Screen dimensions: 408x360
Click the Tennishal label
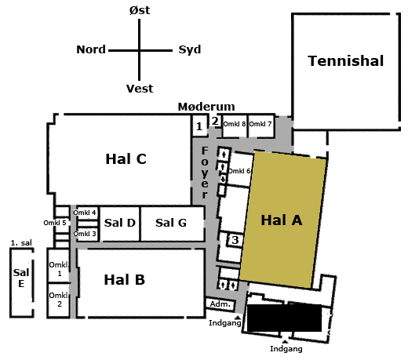[346, 60]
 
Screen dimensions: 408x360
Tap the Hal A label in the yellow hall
[282, 220]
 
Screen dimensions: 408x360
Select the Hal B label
[125, 279]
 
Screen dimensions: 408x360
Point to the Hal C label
[126, 158]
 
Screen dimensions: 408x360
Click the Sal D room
[120, 224]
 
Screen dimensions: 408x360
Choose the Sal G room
[172, 224]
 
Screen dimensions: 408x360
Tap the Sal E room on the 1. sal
[21, 282]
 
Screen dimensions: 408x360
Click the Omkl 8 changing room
[235, 126]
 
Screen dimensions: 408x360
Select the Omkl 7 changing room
[260, 126]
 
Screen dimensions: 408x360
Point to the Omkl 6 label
[239, 171]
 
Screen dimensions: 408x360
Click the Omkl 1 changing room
[59, 266]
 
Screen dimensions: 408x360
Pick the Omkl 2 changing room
[59, 300]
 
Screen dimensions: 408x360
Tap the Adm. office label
[220, 304]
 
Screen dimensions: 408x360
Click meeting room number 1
[199, 126]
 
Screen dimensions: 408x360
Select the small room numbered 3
[235, 240]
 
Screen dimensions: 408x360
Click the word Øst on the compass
[140, 10]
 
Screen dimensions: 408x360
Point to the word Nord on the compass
[91, 49]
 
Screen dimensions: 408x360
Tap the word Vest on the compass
[140, 89]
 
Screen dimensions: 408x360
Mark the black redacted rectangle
[284, 318]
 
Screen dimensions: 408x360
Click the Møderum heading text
[206, 107]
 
